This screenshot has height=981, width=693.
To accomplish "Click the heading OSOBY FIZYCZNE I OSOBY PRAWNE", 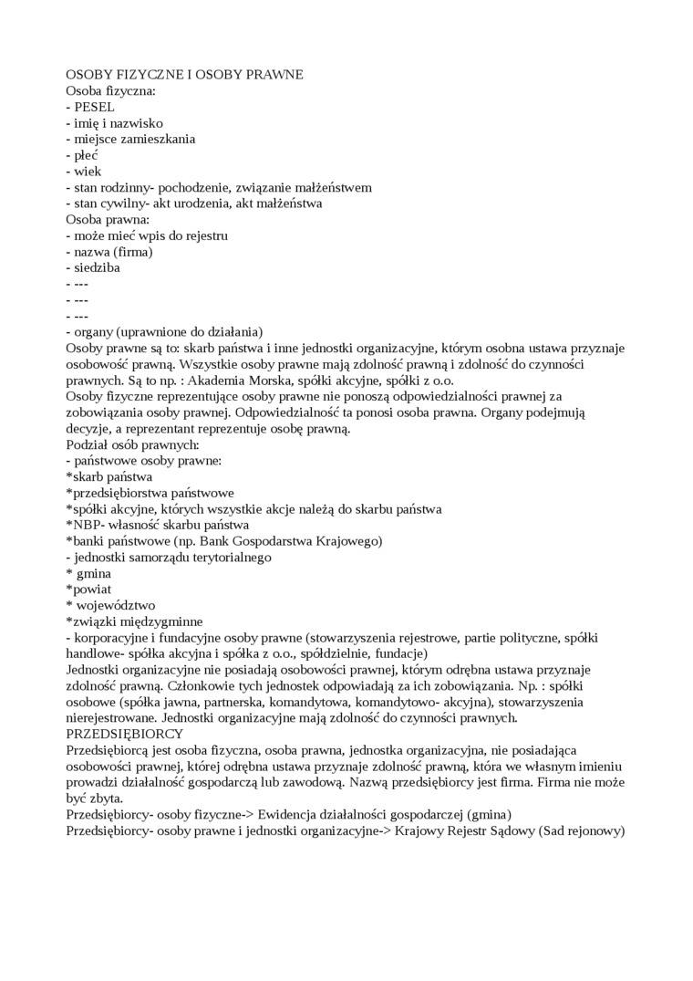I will click(x=184, y=74).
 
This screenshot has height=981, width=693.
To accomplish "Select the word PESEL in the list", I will click(x=95, y=107).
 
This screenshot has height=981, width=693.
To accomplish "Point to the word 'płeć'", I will click(x=87, y=155).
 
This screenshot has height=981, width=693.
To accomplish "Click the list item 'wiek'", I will click(x=88, y=172).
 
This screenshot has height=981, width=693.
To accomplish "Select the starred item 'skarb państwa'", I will click(x=112, y=476).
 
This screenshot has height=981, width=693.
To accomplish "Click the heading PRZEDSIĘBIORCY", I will click(x=125, y=734).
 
